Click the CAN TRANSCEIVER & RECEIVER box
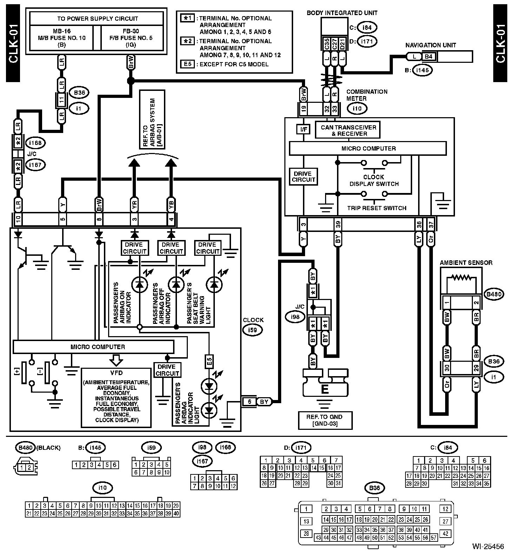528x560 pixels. tap(348, 130)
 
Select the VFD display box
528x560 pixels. tap(116, 397)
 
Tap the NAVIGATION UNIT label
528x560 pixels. tap(430, 45)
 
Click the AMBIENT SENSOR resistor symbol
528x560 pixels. tap(461, 278)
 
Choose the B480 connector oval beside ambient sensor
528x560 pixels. tap(494, 294)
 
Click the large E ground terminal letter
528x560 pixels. tap(325, 390)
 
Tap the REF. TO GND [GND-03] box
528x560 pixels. tap(325, 420)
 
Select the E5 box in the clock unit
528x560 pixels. tap(209, 361)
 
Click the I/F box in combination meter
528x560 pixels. tap(303, 129)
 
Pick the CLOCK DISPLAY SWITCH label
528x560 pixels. tap(374, 180)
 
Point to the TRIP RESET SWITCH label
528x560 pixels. tap(377, 208)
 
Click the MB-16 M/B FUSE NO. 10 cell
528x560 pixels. tap(61, 38)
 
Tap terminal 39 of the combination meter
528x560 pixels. tap(338, 224)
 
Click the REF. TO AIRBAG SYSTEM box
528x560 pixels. tap(152, 119)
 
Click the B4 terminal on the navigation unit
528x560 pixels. tap(429, 56)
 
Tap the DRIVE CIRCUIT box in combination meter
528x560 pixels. tap(303, 176)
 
